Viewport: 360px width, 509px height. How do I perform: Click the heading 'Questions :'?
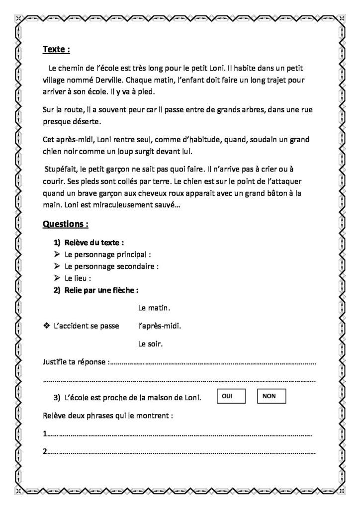(x=66, y=224)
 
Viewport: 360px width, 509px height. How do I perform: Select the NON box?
(x=271, y=396)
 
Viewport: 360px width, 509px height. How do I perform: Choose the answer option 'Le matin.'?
(x=154, y=308)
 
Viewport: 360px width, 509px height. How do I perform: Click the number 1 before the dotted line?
(x=45, y=434)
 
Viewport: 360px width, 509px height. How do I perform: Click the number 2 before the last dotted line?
(x=45, y=452)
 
